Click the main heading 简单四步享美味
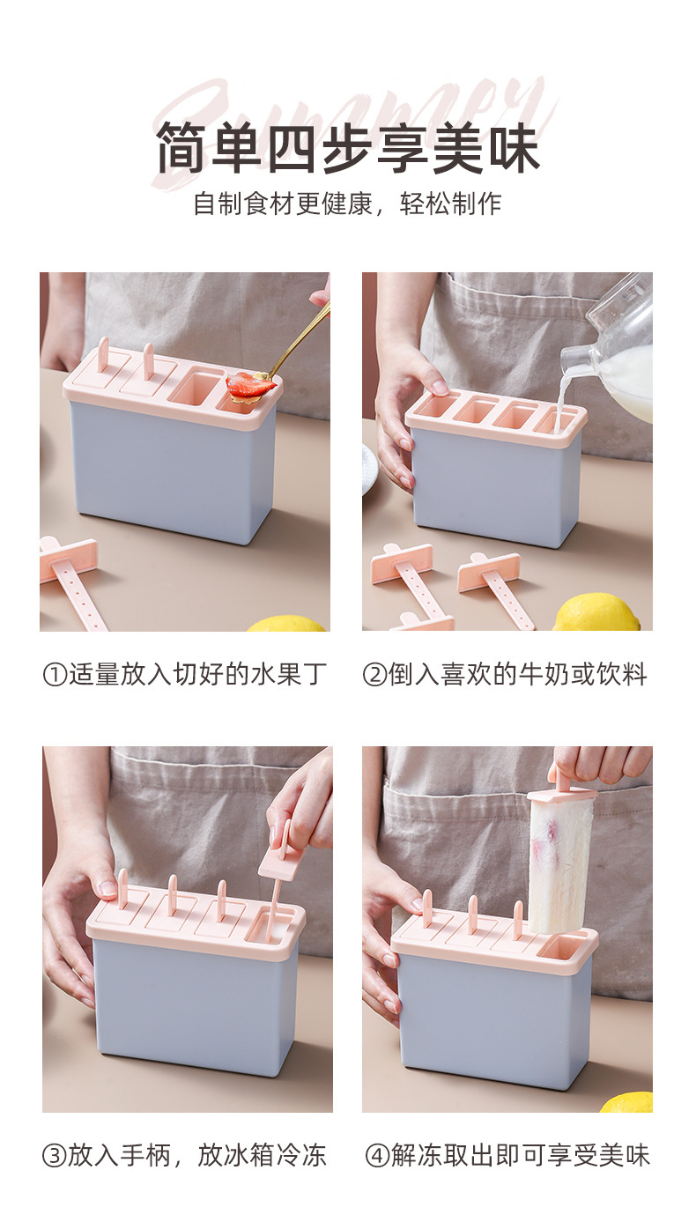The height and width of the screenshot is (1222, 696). (347, 149)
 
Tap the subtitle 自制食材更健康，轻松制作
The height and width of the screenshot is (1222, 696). (347, 204)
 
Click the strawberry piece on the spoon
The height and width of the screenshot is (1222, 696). (250, 385)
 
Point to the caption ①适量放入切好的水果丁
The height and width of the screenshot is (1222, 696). (184, 675)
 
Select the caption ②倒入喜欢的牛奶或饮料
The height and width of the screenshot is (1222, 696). (505, 675)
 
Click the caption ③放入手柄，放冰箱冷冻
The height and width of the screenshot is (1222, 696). (184, 1155)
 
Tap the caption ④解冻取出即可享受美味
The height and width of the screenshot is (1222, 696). (507, 1155)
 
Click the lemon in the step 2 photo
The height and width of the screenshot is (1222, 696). (596, 614)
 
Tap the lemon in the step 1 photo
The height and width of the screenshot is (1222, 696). (286, 624)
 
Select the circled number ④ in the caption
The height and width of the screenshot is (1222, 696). (377, 1156)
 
